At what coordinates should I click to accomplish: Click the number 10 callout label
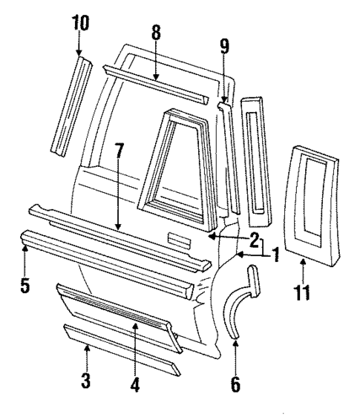[x=79, y=24]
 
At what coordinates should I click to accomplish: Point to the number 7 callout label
[x=120, y=173]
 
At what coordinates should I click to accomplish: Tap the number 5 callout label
[x=26, y=284]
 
